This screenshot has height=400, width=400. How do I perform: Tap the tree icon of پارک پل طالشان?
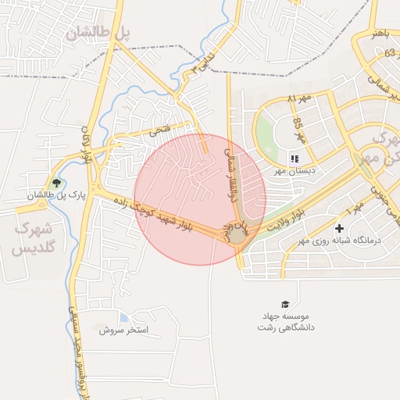(56, 183)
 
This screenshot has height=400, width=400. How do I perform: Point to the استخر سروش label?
(123, 330)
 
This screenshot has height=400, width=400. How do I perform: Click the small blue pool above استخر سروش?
(123, 317)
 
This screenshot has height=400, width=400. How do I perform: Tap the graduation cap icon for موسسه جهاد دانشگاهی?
(284, 304)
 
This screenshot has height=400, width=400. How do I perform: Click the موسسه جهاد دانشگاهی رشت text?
(285, 321)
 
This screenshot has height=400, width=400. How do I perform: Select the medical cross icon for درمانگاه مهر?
(339, 228)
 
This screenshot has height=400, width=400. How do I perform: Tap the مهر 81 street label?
(298, 100)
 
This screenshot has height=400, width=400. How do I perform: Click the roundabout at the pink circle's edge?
(237, 235)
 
